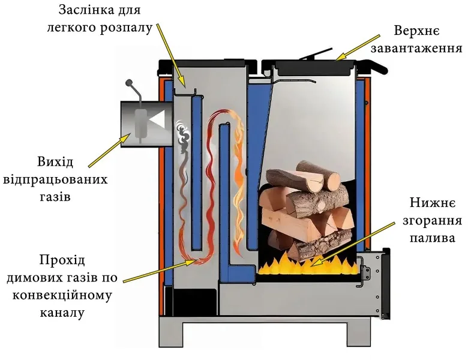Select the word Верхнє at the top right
[x=417, y=29]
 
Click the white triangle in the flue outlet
[x=157, y=121]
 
